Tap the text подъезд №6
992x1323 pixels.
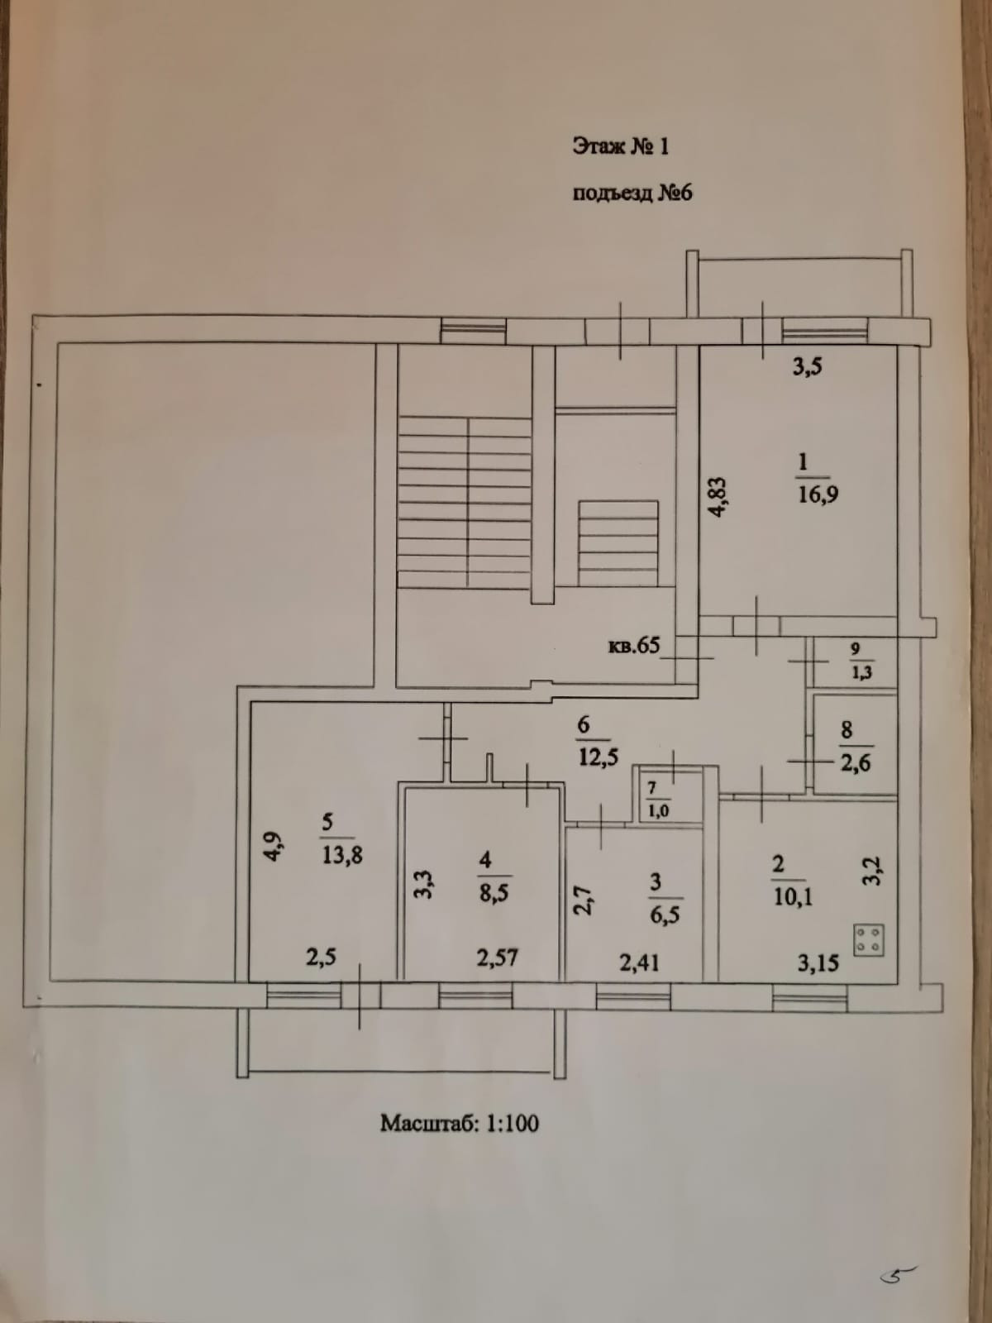click(x=632, y=193)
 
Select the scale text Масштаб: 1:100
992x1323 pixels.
click(x=460, y=1123)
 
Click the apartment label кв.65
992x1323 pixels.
click(x=634, y=645)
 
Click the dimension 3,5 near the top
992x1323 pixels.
click(x=807, y=366)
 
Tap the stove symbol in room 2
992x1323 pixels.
click(x=869, y=939)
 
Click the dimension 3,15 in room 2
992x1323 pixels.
click(x=818, y=962)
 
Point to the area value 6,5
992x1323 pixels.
click(x=664, y=915)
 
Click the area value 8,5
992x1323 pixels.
click(x=494, y=893)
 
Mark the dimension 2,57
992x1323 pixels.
click(x=497, y=958)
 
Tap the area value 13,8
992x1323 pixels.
click(x=342, y=855)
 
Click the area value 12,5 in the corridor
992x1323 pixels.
click(x=598, y=757)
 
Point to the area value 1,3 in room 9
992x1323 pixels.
click(x=861, y=672)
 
